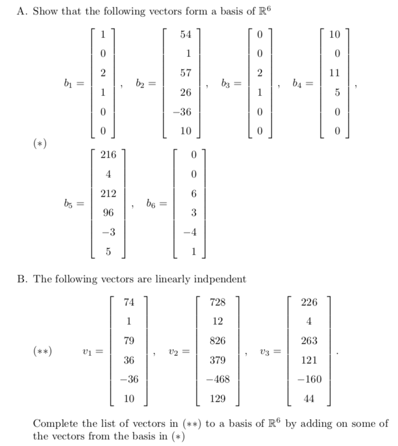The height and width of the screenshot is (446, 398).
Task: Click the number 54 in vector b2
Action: click(x=185, y=34)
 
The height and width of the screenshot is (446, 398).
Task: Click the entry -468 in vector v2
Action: click(x=216, y=380)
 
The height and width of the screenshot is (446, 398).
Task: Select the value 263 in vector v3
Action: click(x=309, y=341)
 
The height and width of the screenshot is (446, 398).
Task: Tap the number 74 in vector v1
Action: click(x=129, y=302)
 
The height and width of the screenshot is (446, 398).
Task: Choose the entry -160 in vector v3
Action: click(x=308, y=380)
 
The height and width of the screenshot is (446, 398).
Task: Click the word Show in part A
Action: click(x=44, y=12)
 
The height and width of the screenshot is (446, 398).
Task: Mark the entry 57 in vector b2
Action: click(x=185, y=73)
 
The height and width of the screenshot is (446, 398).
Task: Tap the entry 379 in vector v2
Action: click(x=217, y=361)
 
